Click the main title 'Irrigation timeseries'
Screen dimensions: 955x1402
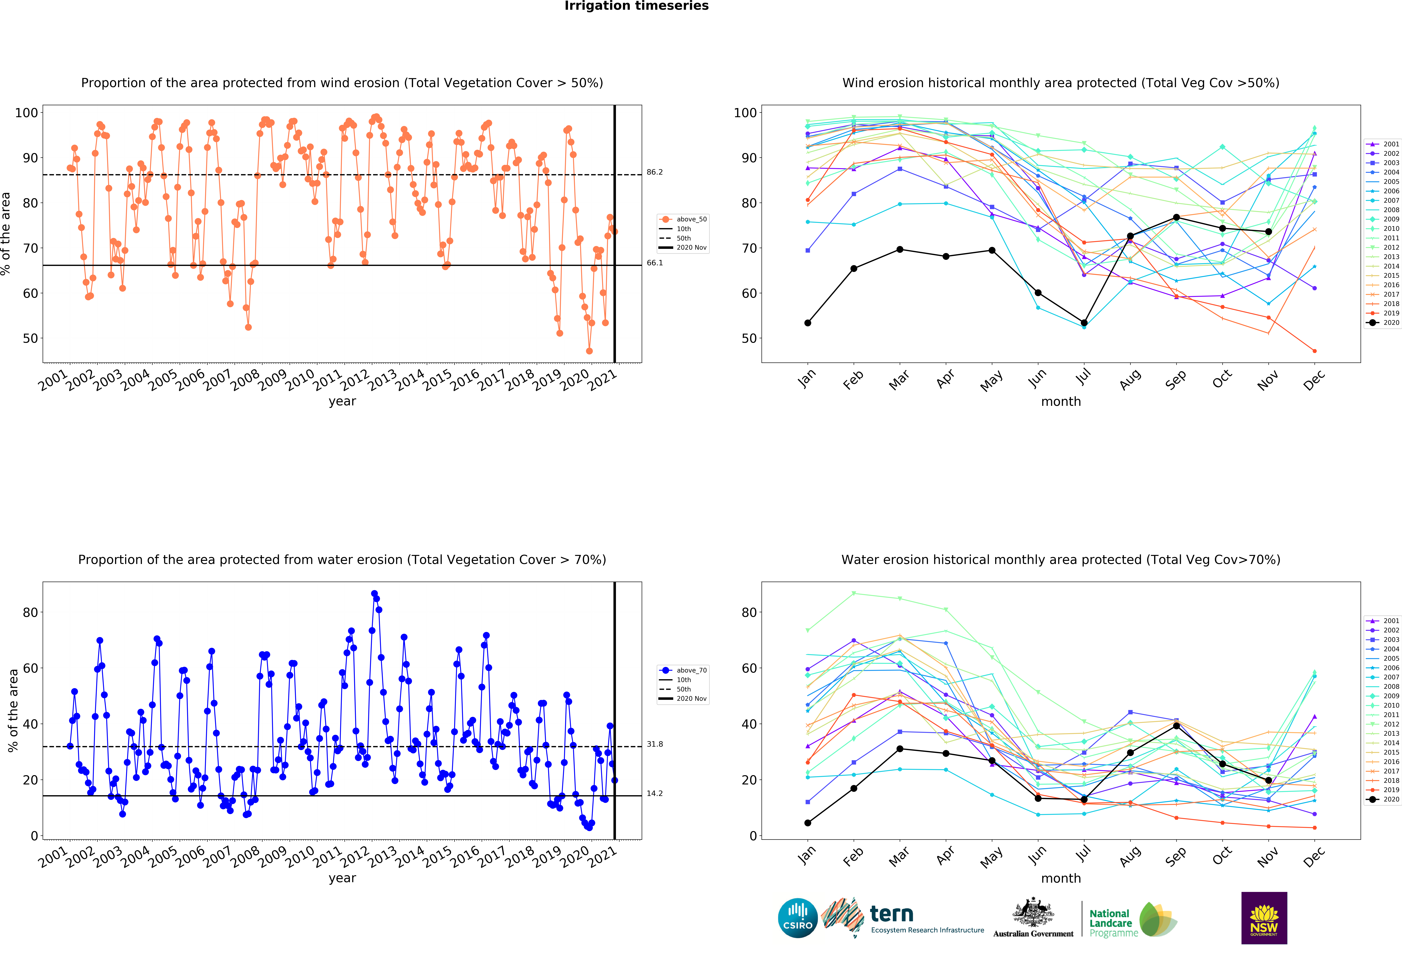636,6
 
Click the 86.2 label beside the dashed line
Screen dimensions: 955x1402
655,172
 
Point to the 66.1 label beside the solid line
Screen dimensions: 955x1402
655,263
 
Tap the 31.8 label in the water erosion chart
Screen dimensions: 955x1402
655,744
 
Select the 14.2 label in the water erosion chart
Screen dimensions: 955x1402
655,793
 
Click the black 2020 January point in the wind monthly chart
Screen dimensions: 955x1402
808,323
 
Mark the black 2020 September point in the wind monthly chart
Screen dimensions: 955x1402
1176,218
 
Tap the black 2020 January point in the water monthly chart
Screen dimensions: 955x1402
808,823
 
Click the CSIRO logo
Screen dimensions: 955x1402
798,918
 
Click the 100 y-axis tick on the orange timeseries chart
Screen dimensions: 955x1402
26,113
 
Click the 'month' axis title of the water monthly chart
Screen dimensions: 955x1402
1061,878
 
